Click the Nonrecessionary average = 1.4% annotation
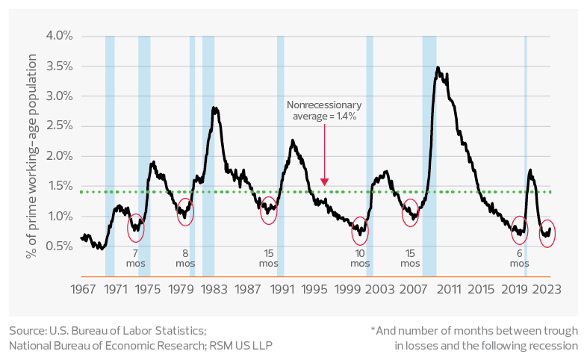(x=324, y=111)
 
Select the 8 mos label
(x=185, y=258)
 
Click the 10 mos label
(x=361, y=258)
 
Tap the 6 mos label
(x=519, y=258)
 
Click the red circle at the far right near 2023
(x=547, y=234)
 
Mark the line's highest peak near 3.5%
(x=438, y=68)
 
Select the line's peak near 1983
(x=214, y=108)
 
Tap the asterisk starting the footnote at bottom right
(x=372, y=329)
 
